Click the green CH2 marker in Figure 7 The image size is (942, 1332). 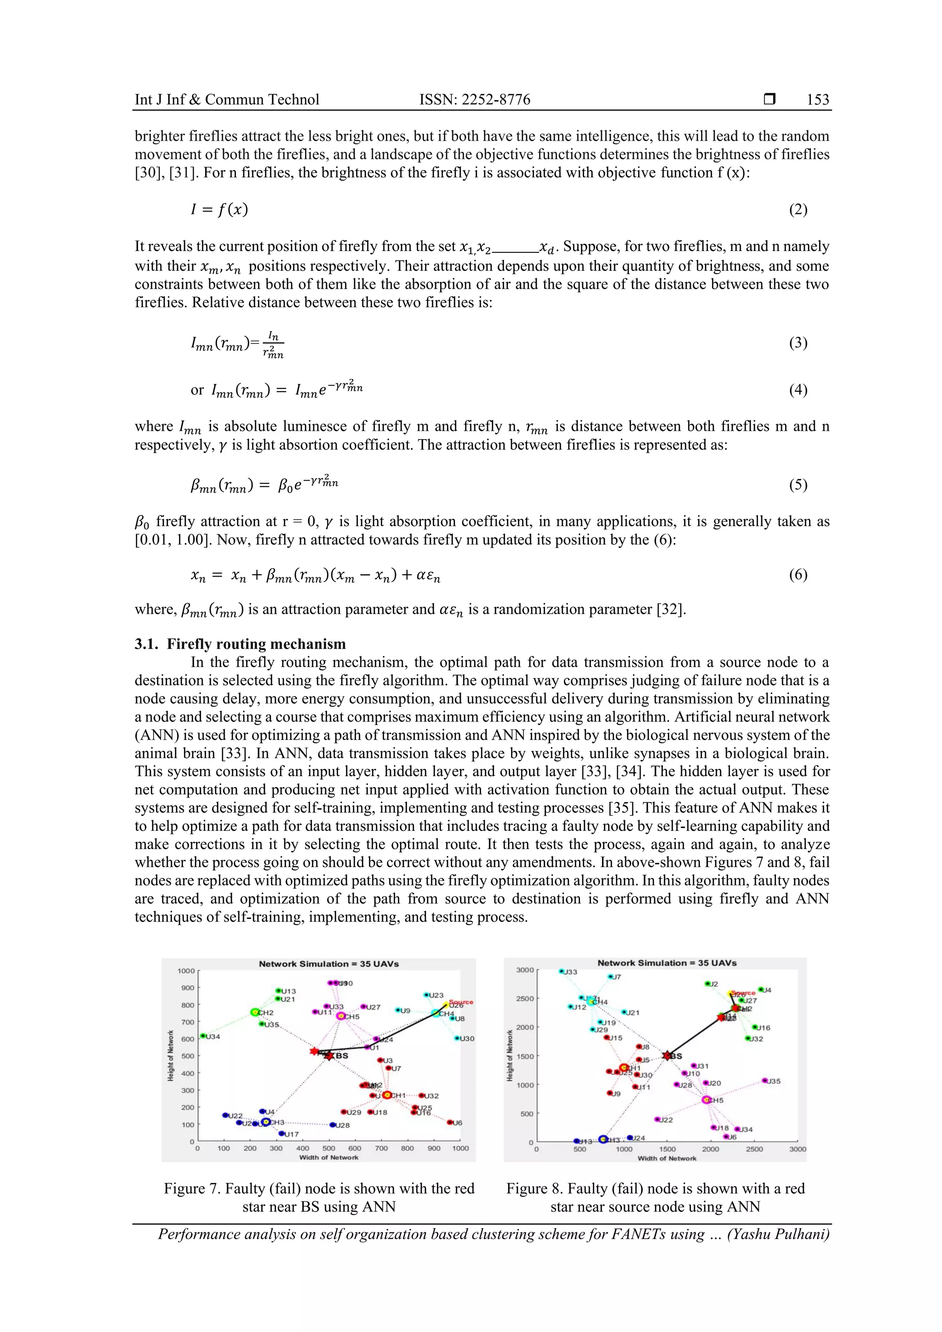254,1012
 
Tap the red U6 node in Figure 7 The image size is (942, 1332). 450,1123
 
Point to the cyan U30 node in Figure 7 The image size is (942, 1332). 457,1039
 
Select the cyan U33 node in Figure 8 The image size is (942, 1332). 561,972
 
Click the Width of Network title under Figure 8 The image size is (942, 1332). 667,1159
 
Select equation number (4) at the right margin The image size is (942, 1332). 798,390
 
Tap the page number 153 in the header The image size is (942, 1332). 818,100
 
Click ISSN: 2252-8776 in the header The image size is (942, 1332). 475,100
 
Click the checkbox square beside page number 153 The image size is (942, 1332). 770,99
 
